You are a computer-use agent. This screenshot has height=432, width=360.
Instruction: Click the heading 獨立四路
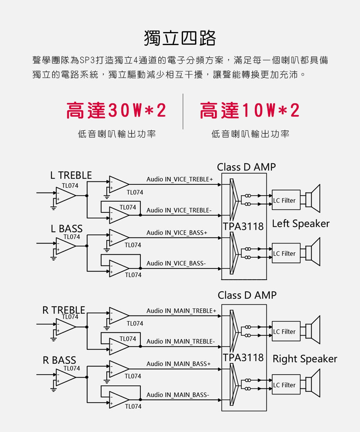click(x=180, y=38)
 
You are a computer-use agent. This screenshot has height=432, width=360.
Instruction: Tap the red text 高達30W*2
click(x=116, y=111)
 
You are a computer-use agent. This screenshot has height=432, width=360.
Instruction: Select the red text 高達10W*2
click(x=250, y=111)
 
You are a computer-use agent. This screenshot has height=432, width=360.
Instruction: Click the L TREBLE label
click(x=71, y=175)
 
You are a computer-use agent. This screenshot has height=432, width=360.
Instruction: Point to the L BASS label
click(x=67, y=229)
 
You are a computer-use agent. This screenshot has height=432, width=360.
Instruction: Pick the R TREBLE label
click(x=64, y=310)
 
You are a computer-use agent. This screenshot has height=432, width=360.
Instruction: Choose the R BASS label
click(x=59, y=360)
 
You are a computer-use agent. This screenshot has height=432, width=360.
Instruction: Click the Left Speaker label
click(x=301, y=224)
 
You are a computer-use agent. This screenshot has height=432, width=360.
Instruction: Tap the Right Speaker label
click(x=305, y=359)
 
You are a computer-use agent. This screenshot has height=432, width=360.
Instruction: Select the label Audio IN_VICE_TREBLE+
click(x=180, y=179)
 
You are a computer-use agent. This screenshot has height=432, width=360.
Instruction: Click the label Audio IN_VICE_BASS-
click(x=176, y=264)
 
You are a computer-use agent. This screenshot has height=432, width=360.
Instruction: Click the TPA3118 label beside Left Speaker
click(x=244, y=227)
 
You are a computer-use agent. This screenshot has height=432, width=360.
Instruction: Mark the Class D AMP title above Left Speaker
click(x=246, y=167)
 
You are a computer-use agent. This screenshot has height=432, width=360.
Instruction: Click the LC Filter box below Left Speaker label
click(x=286, y=253)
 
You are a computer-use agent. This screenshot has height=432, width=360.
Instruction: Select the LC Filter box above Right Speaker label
click(x=286, y=332)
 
